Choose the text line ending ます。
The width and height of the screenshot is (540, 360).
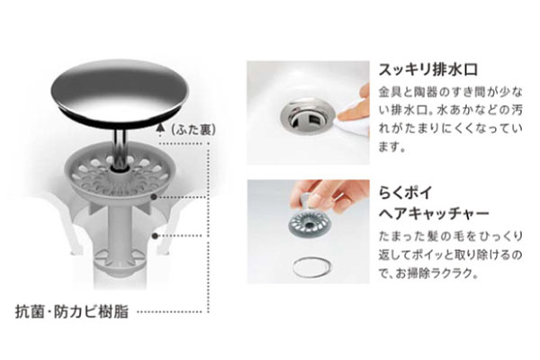[391, 145]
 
